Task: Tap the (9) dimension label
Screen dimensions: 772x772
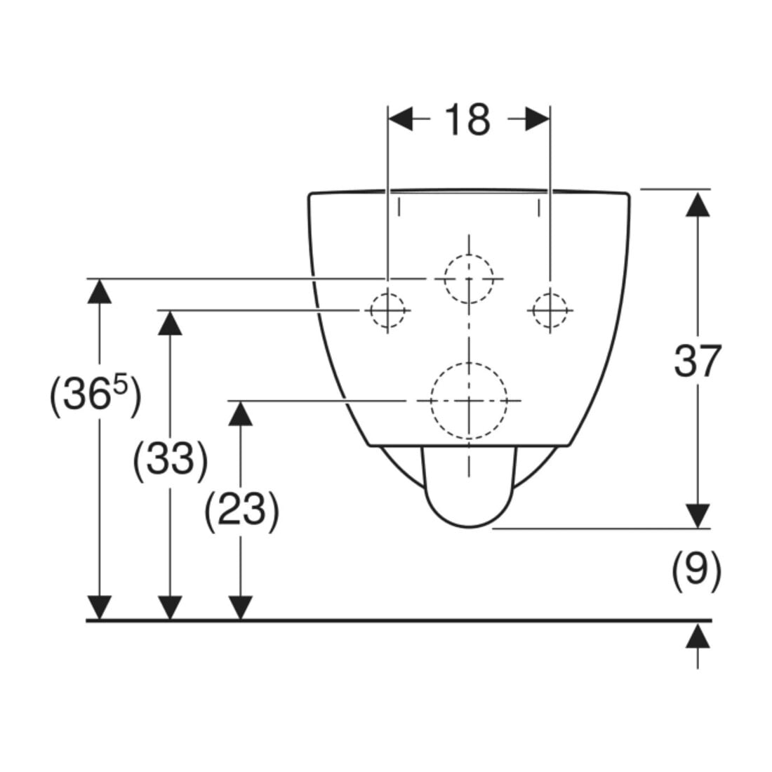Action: (697, 571)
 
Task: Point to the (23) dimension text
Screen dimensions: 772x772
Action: (241, 510)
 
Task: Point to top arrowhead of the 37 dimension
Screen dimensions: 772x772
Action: (698, 204)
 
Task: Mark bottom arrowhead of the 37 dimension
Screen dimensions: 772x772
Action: (698, 516)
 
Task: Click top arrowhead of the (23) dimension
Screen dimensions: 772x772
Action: (240, 413)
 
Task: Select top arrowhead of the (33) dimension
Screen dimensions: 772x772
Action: (170, 323)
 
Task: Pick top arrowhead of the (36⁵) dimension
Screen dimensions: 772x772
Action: (100, 291)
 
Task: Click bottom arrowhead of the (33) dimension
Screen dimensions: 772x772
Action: (170, 608)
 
